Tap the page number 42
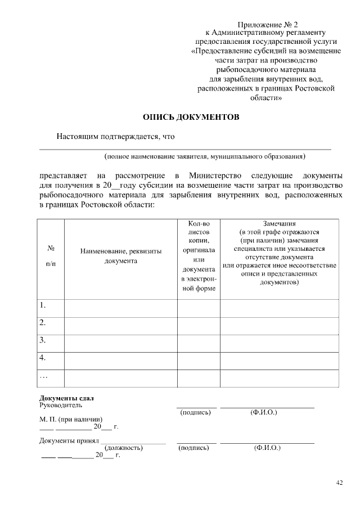click(339, 482)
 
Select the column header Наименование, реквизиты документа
click(121, 256)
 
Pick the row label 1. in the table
click(43, 306)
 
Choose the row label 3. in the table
click(43, 340)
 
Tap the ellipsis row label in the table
click(44, 375)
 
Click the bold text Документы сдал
click(66, 398)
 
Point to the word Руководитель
click(61, 405)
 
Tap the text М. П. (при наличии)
click(70, 419)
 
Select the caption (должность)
click(124, 448)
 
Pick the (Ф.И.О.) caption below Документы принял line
click(267, 448)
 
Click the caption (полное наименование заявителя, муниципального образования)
click(204, 156)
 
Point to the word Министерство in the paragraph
click(215, 175)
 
